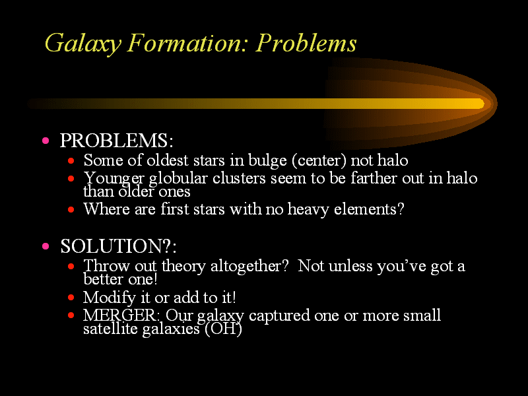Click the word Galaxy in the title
[x=83, y=44]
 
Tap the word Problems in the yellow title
[x=306, y=43]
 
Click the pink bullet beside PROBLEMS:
[x=46, y=141]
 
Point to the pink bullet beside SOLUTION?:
[x=46, y=246]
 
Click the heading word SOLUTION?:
[x=118, y=246]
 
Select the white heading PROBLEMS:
[x=117, y=141]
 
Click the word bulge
[x=268, y=160]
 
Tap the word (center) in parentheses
[x=319, y=160]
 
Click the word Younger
[x=114, y=179]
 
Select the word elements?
[x=369, y=209]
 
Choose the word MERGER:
[x=121, y=315]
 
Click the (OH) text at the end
[x=223, y=329]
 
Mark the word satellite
[x=110, y=329]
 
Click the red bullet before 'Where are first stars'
[x=71, y=210]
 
